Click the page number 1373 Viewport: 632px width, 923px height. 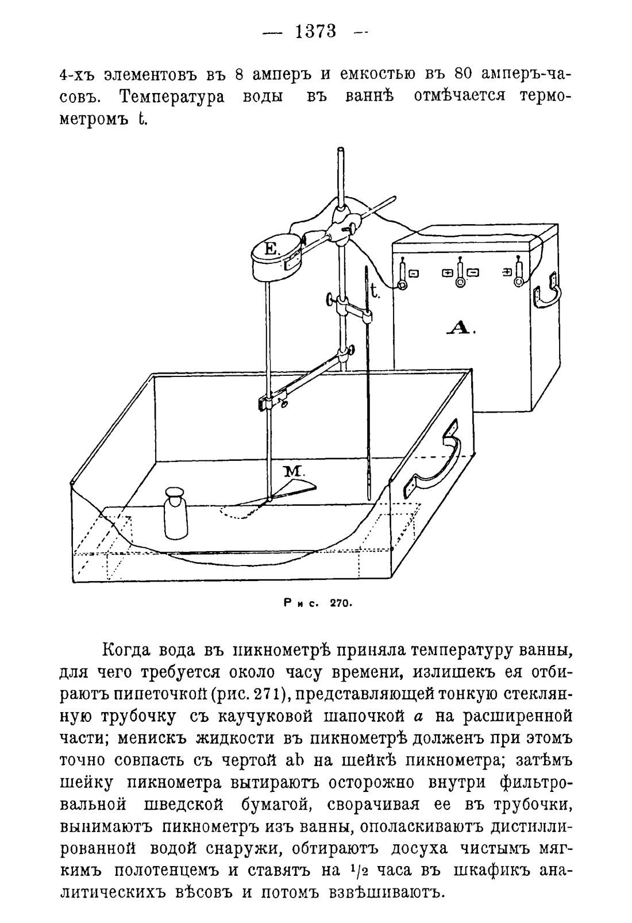tap(316, 31)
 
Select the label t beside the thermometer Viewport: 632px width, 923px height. tap(375, 292)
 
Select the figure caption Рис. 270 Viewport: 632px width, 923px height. tap(317, 603)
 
